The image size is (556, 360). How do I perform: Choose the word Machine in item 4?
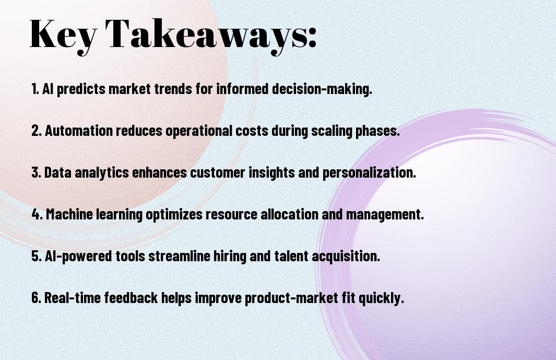(x=69, y=214)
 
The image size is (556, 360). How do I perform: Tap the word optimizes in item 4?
(x=174, y=215)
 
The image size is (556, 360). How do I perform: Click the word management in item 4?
(x=384, y=215)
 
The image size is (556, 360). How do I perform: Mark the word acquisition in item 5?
(x=346, y=257)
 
